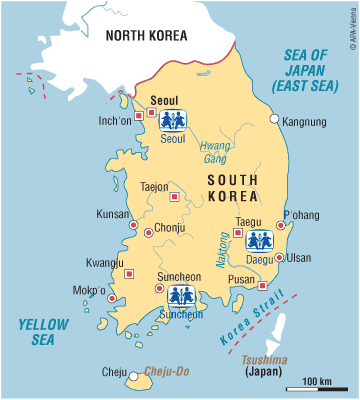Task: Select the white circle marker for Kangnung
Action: click(x=276, y=119)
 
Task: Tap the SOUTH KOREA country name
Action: click(x=234, y=187)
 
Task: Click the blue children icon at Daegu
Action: click(x=260, y=240)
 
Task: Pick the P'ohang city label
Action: click(x=300, y=214)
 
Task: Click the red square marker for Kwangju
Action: click(x=128, y=273)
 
